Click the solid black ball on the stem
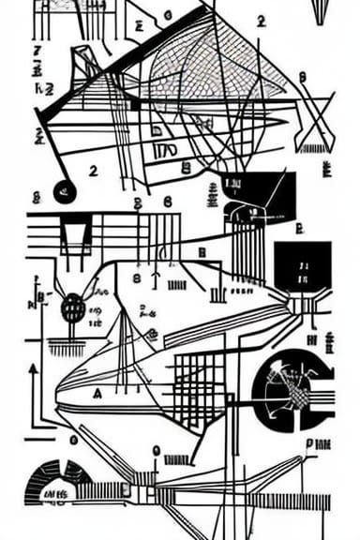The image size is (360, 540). [65, 193]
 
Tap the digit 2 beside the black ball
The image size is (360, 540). [93, 171]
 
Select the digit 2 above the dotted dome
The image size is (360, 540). [261, 22]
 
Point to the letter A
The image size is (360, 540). [97, 395]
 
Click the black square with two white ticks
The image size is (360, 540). [302, 267]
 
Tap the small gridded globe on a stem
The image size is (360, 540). [73, 307]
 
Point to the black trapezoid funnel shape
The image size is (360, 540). [75, 230]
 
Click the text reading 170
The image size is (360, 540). [163, 150]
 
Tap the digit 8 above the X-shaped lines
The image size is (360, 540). [302, 78]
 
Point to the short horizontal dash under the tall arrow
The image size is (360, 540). [39, 437]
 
